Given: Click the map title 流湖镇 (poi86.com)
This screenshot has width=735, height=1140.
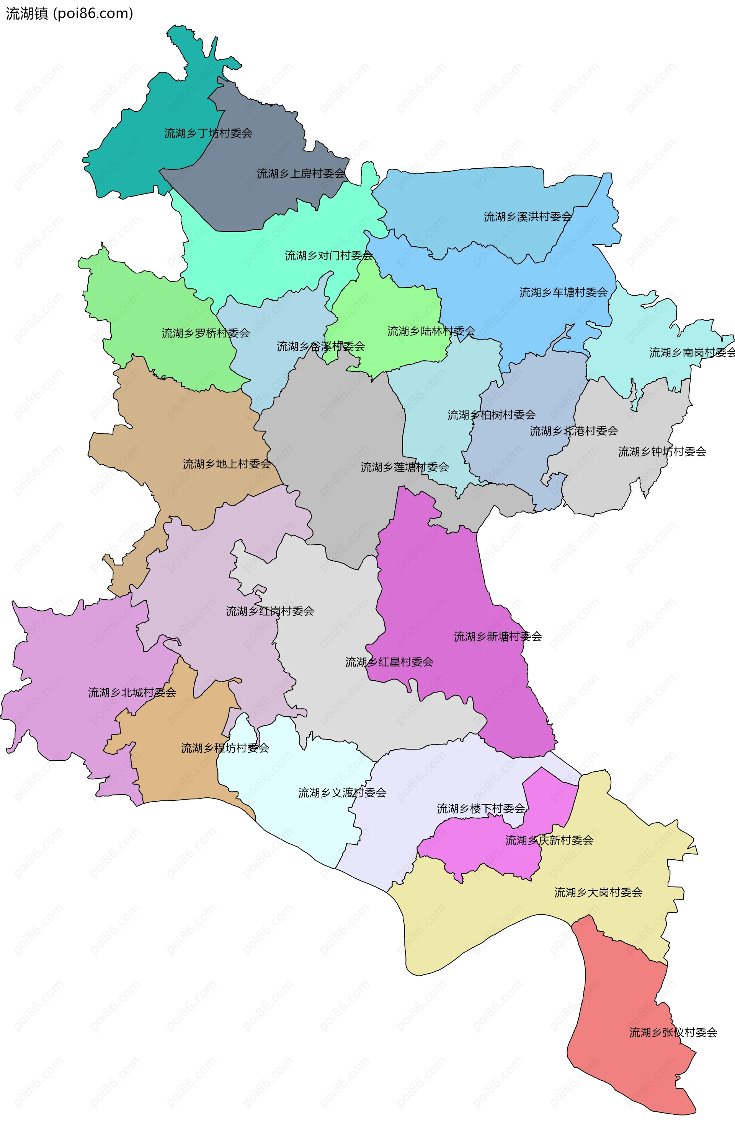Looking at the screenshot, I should click(x=69, y=13).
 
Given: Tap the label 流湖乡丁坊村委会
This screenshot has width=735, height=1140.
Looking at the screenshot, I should click(x=208, y=133).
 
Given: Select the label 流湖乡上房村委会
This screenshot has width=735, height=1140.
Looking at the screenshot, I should click(x=301, y=174).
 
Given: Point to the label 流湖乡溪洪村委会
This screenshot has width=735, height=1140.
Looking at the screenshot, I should click(x=528, y=217).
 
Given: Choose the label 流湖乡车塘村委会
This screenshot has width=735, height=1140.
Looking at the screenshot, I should click(x=563, y=292).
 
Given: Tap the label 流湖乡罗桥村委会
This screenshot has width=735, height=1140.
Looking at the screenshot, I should click(x=206, y=333).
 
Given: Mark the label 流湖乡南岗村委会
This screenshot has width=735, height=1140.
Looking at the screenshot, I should click(x=692, y=353).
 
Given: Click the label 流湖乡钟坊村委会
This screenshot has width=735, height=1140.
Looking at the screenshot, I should click(x=662, y=452).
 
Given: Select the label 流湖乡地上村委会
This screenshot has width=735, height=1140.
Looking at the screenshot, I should click(x=227, y=464).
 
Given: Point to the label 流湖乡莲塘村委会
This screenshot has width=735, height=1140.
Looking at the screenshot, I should click(x=405, y=467).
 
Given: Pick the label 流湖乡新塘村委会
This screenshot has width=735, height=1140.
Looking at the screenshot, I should click(x=498, y=636).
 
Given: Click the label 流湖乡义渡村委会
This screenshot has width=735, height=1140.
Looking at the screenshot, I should click(x=342, y=792).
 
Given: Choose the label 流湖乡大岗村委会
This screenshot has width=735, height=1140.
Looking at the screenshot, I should click(x=598, y=892).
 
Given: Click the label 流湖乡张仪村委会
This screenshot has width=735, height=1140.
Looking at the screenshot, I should click(x=673, y=1032).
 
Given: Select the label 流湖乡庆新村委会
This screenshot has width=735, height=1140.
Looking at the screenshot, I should click(x=549, y=840).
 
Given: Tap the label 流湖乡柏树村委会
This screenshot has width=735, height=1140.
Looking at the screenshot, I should click(x=491, y=415).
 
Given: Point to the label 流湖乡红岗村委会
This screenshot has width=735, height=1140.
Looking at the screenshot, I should click(x=269, y=611).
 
